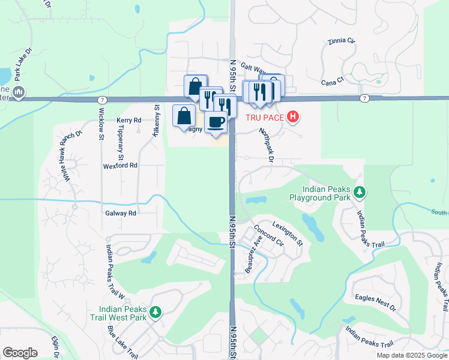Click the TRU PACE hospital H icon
tap(292, 116)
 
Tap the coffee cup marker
tap(216, 122)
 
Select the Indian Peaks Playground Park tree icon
tap(360, 192)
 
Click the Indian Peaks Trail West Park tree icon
tap(155, 311)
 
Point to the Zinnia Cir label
tap(342, 41)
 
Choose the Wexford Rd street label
tap(120, 165)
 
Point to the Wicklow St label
tap(101, 122)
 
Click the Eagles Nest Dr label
tap(375, 301)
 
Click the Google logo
tap(20, 353)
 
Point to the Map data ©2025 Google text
tap(412, 355)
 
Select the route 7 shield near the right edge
tap(364, 98)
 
